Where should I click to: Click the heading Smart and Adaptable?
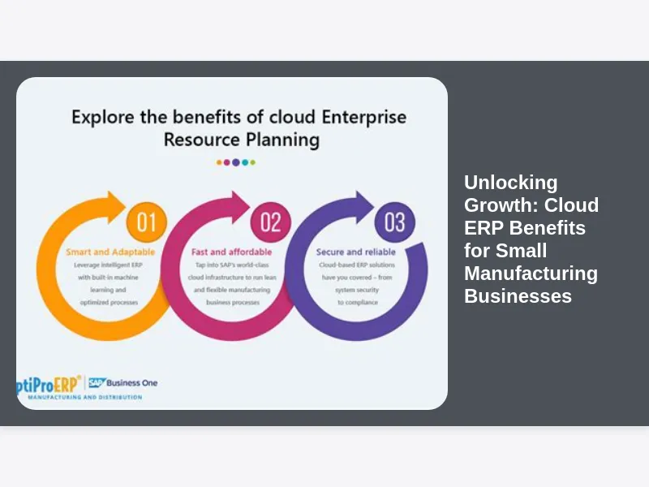(x=110, y=252)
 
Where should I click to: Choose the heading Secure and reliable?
(x=356, y=252)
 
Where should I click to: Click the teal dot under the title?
(x=245, y=162)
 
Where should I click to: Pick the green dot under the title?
(x=253, y=162)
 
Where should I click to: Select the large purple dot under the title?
(x=236, y=162)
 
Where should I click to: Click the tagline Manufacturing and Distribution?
(x=85, y=398)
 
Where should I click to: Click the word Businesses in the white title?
(x=518, y=296)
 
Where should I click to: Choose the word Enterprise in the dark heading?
(x=363, y=117)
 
